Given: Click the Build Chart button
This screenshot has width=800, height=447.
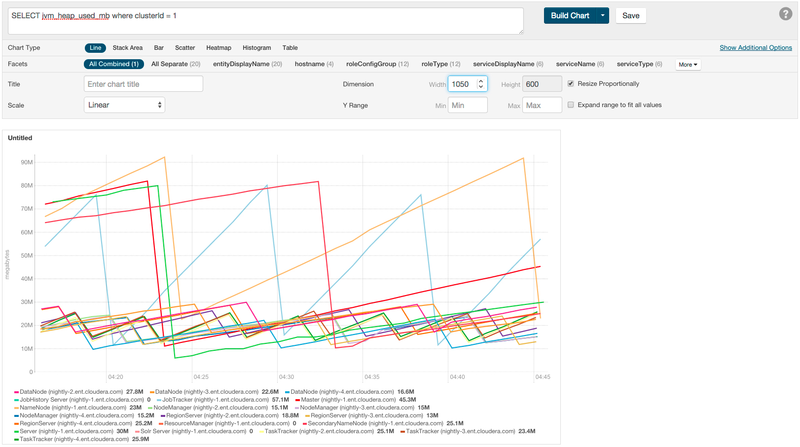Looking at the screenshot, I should [570, 16].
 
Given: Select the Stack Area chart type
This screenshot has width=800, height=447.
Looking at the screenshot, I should [127, 48].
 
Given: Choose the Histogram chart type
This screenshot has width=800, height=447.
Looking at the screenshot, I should [256, 48].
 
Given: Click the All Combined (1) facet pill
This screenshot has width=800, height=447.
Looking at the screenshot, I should [114, 64].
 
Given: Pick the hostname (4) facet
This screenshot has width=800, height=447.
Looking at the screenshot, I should [314, 64].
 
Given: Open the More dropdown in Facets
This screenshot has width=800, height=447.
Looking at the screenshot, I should [688, 65].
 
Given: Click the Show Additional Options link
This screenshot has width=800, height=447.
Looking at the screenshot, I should [755, 48].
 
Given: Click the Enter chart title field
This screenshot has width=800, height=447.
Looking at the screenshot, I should [143, 84].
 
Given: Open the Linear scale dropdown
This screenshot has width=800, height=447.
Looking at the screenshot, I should [124, 105].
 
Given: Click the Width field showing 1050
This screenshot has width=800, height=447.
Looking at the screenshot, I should [462, 84].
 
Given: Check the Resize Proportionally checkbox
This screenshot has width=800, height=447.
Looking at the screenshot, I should [571, 83].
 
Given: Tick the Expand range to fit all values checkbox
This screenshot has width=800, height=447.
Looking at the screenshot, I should [571, 105].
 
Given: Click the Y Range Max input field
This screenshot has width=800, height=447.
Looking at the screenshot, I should [542, 105].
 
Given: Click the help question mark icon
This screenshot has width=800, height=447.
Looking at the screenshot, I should [785, 14].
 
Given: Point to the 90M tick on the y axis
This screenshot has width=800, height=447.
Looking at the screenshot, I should [27, 162].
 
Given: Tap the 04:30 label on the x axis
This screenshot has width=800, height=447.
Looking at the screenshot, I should [286, 377].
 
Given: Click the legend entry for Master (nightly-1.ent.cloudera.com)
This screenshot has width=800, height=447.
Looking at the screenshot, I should [348, 400].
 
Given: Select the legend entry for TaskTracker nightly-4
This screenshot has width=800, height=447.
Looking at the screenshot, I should [74, 439].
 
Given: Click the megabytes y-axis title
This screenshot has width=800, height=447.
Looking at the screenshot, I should [7, 264].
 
